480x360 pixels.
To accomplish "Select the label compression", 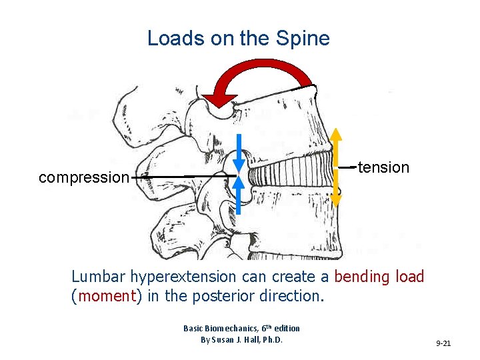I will (x=83, y=177).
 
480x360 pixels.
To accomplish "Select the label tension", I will (x=383, y=167).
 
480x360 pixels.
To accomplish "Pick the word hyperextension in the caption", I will (x=183, y=277).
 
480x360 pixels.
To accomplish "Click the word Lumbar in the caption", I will (x=98, y=277).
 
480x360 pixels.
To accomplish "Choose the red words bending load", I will (x=379, y=276).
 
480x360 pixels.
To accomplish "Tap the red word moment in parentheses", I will (x=107, y=295).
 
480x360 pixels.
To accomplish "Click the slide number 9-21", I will (x=443, y=343).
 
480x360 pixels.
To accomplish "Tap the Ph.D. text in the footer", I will (x=273, y=339).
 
